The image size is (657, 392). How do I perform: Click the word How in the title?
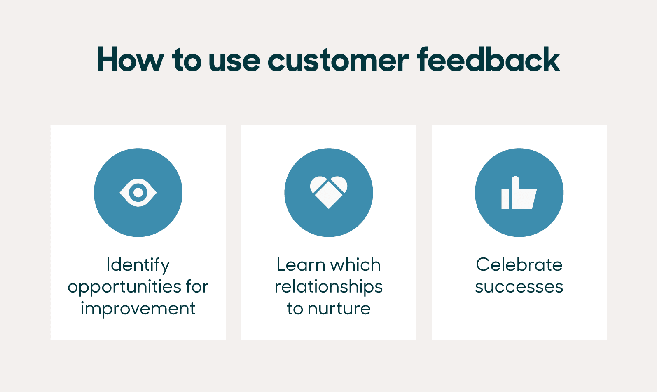click(130, 60)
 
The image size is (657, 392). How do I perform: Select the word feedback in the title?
click(489, 60)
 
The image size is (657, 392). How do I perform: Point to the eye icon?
click(138, 193)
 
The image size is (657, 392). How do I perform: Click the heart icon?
click(329, 192)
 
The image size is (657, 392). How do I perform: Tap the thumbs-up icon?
click(519, 194)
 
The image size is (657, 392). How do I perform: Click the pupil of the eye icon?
click(138, 193)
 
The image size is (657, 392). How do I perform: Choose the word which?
click(357, 265)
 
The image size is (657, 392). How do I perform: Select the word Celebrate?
click(519, 265)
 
